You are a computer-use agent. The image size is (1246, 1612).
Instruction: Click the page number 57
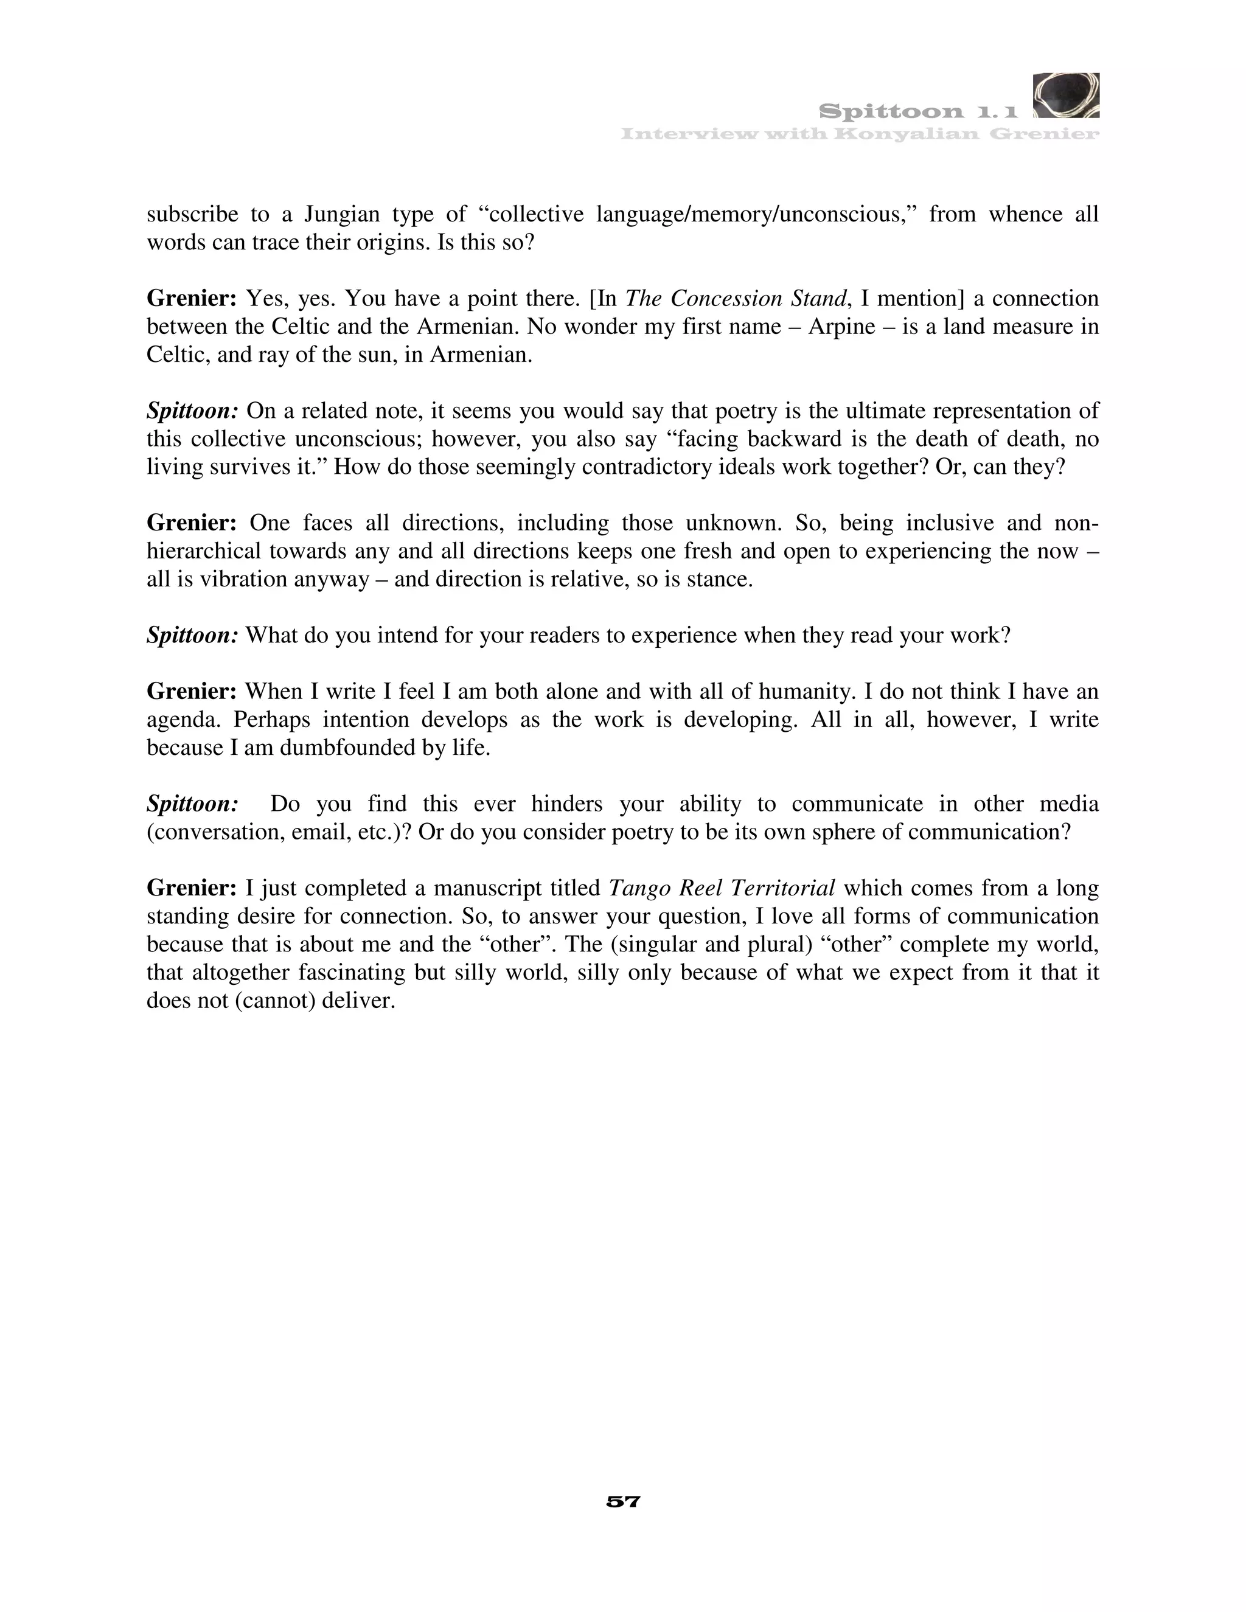tap(623, 1501)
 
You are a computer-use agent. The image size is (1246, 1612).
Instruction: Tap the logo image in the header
tap(1066, 96)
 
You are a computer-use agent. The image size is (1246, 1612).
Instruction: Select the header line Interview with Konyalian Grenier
tap(860, 134)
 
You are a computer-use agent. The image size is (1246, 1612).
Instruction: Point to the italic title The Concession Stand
tap(734, 299)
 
